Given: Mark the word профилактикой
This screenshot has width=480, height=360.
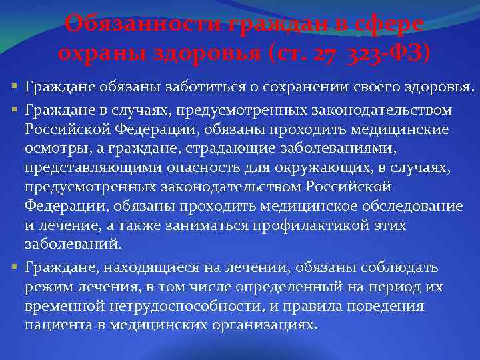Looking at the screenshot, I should pyautogui.click(x=315, y=225).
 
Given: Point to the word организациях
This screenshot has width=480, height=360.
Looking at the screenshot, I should pyautogui.click(x=267, y=325).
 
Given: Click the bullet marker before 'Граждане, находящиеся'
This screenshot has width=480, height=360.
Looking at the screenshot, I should pyautogui.click(x=15, y=267).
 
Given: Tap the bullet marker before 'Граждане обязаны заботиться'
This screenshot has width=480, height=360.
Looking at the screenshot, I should pyautogui.click(x=15, y=87).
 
